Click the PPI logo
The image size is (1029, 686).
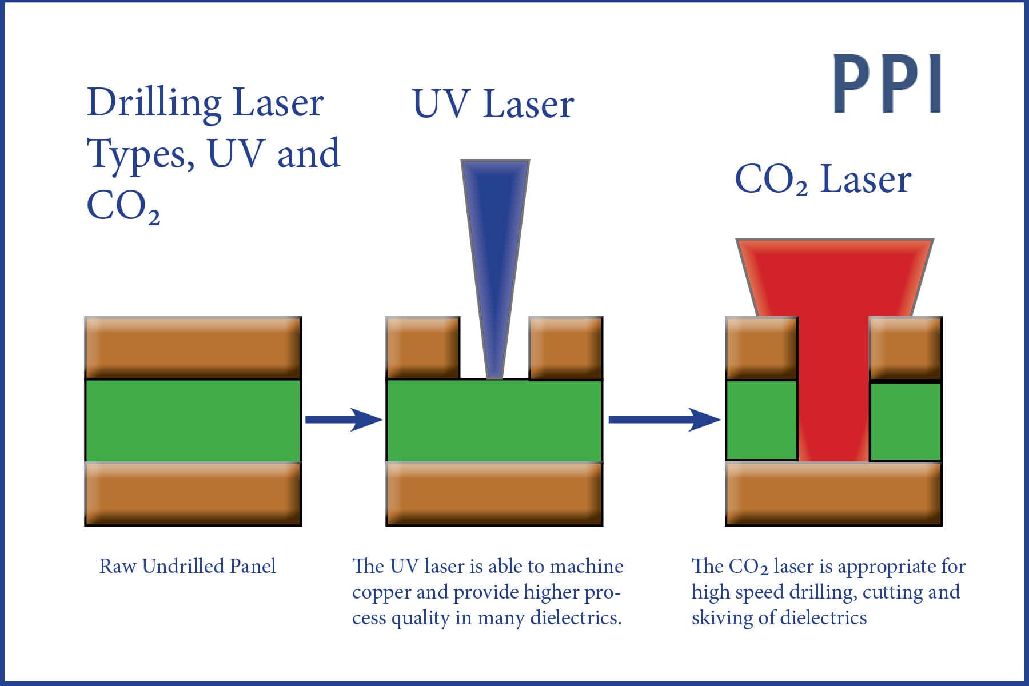coord(887,84)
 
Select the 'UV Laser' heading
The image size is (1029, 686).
coord(493,104)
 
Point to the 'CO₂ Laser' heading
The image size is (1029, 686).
coord(823,180)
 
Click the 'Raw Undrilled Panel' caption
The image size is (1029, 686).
coord(188,566)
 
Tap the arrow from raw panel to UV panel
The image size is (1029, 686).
coord(344,420)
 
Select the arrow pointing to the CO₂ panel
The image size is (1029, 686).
coord(664,420)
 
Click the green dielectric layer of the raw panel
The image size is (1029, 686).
coord(193,420)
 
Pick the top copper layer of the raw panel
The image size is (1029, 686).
coord(193,348)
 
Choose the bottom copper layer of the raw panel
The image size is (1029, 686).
coord(193,494)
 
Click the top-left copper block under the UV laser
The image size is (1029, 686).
coord(423,348)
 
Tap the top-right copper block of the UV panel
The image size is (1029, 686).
coord(566,348)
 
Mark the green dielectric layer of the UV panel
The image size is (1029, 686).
coord(494,420)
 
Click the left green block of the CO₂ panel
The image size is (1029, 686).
coord(761,420)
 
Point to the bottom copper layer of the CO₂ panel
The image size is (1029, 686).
coord(833,494)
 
